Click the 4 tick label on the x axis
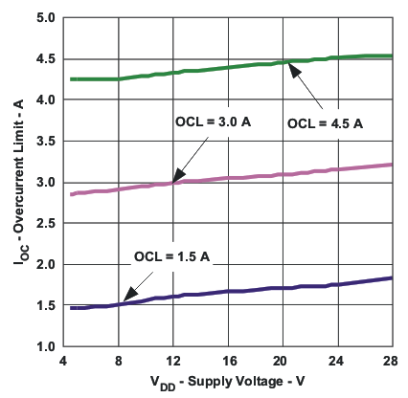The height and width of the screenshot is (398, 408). pyautogui.click(x=62, y=362)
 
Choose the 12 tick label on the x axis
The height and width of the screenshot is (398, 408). pyautogui.click(x=173, y=362)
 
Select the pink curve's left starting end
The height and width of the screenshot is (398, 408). pyautogui.click(x=73, y=194)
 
